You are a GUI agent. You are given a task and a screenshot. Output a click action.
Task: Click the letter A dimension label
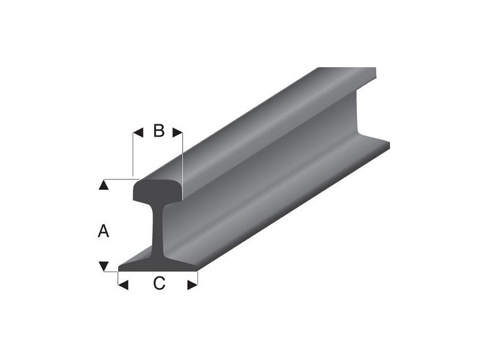tap(104, 230)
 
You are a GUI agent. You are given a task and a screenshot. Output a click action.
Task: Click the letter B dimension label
tap(158, 130)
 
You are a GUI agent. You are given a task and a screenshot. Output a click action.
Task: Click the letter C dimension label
tap(158, 284)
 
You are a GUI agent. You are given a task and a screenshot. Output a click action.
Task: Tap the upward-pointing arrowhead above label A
tap(104, 184)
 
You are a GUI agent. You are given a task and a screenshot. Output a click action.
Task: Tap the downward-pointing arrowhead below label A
tap(104, 265)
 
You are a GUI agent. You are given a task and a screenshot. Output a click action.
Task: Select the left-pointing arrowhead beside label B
tap(137, 130)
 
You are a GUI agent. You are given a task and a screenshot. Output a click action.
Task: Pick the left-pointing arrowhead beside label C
tap(123, 285)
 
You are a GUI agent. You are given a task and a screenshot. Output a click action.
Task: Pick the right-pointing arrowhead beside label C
tap(192, 285)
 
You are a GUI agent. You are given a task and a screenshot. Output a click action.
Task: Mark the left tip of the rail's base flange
tap(121, 268)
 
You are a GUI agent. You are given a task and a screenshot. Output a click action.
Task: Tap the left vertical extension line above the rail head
tap(133, 153)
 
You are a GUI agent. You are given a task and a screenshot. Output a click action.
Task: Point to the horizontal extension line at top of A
tap(120, 178)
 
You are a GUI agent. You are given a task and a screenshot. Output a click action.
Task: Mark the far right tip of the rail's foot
tap(389, 144)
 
